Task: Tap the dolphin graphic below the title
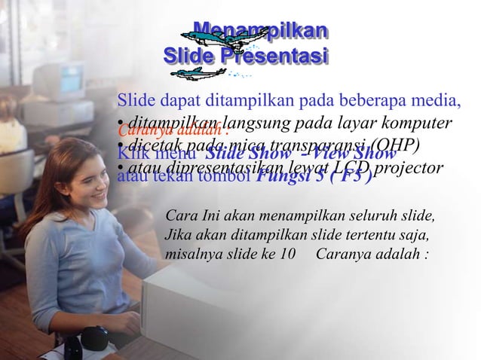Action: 198,72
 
